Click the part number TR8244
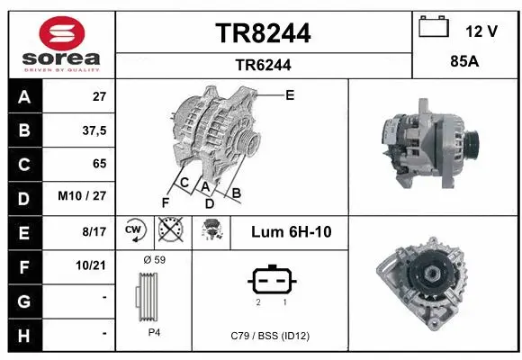263,33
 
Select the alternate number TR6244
263,65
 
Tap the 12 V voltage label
481,31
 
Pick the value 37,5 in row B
94,130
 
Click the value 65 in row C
99,164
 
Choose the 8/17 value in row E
94,231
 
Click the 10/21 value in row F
93,265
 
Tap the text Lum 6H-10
292,232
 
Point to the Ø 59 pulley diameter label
154,259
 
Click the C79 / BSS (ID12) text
270,335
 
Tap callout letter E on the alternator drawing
290,94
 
